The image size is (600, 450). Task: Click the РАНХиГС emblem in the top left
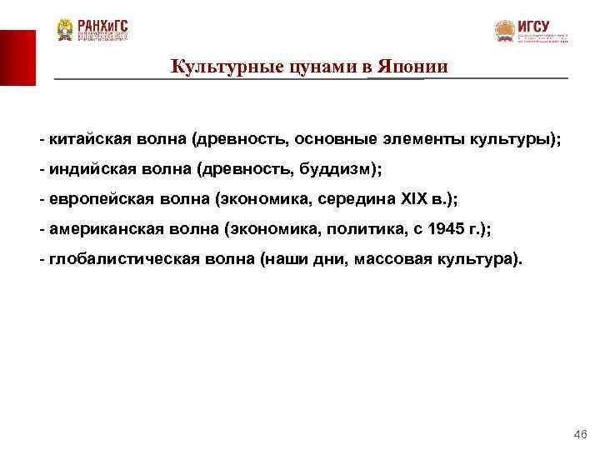pyautogui.click(x=65, y=29)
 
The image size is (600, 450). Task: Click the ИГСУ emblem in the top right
pyautogui.click(x=505, y=32)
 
